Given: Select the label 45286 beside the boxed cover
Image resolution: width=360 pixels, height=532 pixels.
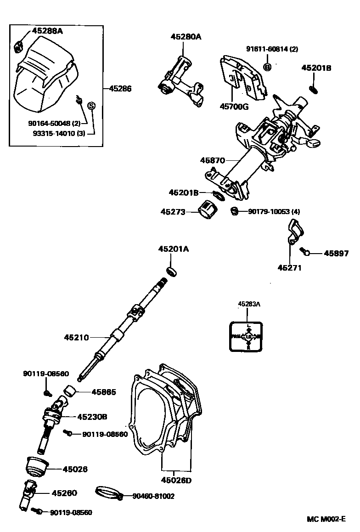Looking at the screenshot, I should [120, 89].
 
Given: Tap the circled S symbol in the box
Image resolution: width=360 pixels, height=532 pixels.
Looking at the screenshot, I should [91, 106].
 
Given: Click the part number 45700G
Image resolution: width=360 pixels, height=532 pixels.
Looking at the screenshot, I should [234, 107].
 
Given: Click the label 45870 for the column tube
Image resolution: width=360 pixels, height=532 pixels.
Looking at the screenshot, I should [212, 160].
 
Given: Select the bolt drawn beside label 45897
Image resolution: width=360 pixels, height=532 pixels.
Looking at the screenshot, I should [305, 251].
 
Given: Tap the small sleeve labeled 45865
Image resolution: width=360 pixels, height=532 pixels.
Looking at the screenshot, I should [69, 391].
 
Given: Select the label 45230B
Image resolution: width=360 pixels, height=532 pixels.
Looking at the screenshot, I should [92, 417].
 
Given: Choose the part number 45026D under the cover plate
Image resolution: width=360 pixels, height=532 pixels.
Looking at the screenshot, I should [175, 481].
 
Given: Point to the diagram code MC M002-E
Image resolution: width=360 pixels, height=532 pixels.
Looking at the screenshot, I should [326, 519].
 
